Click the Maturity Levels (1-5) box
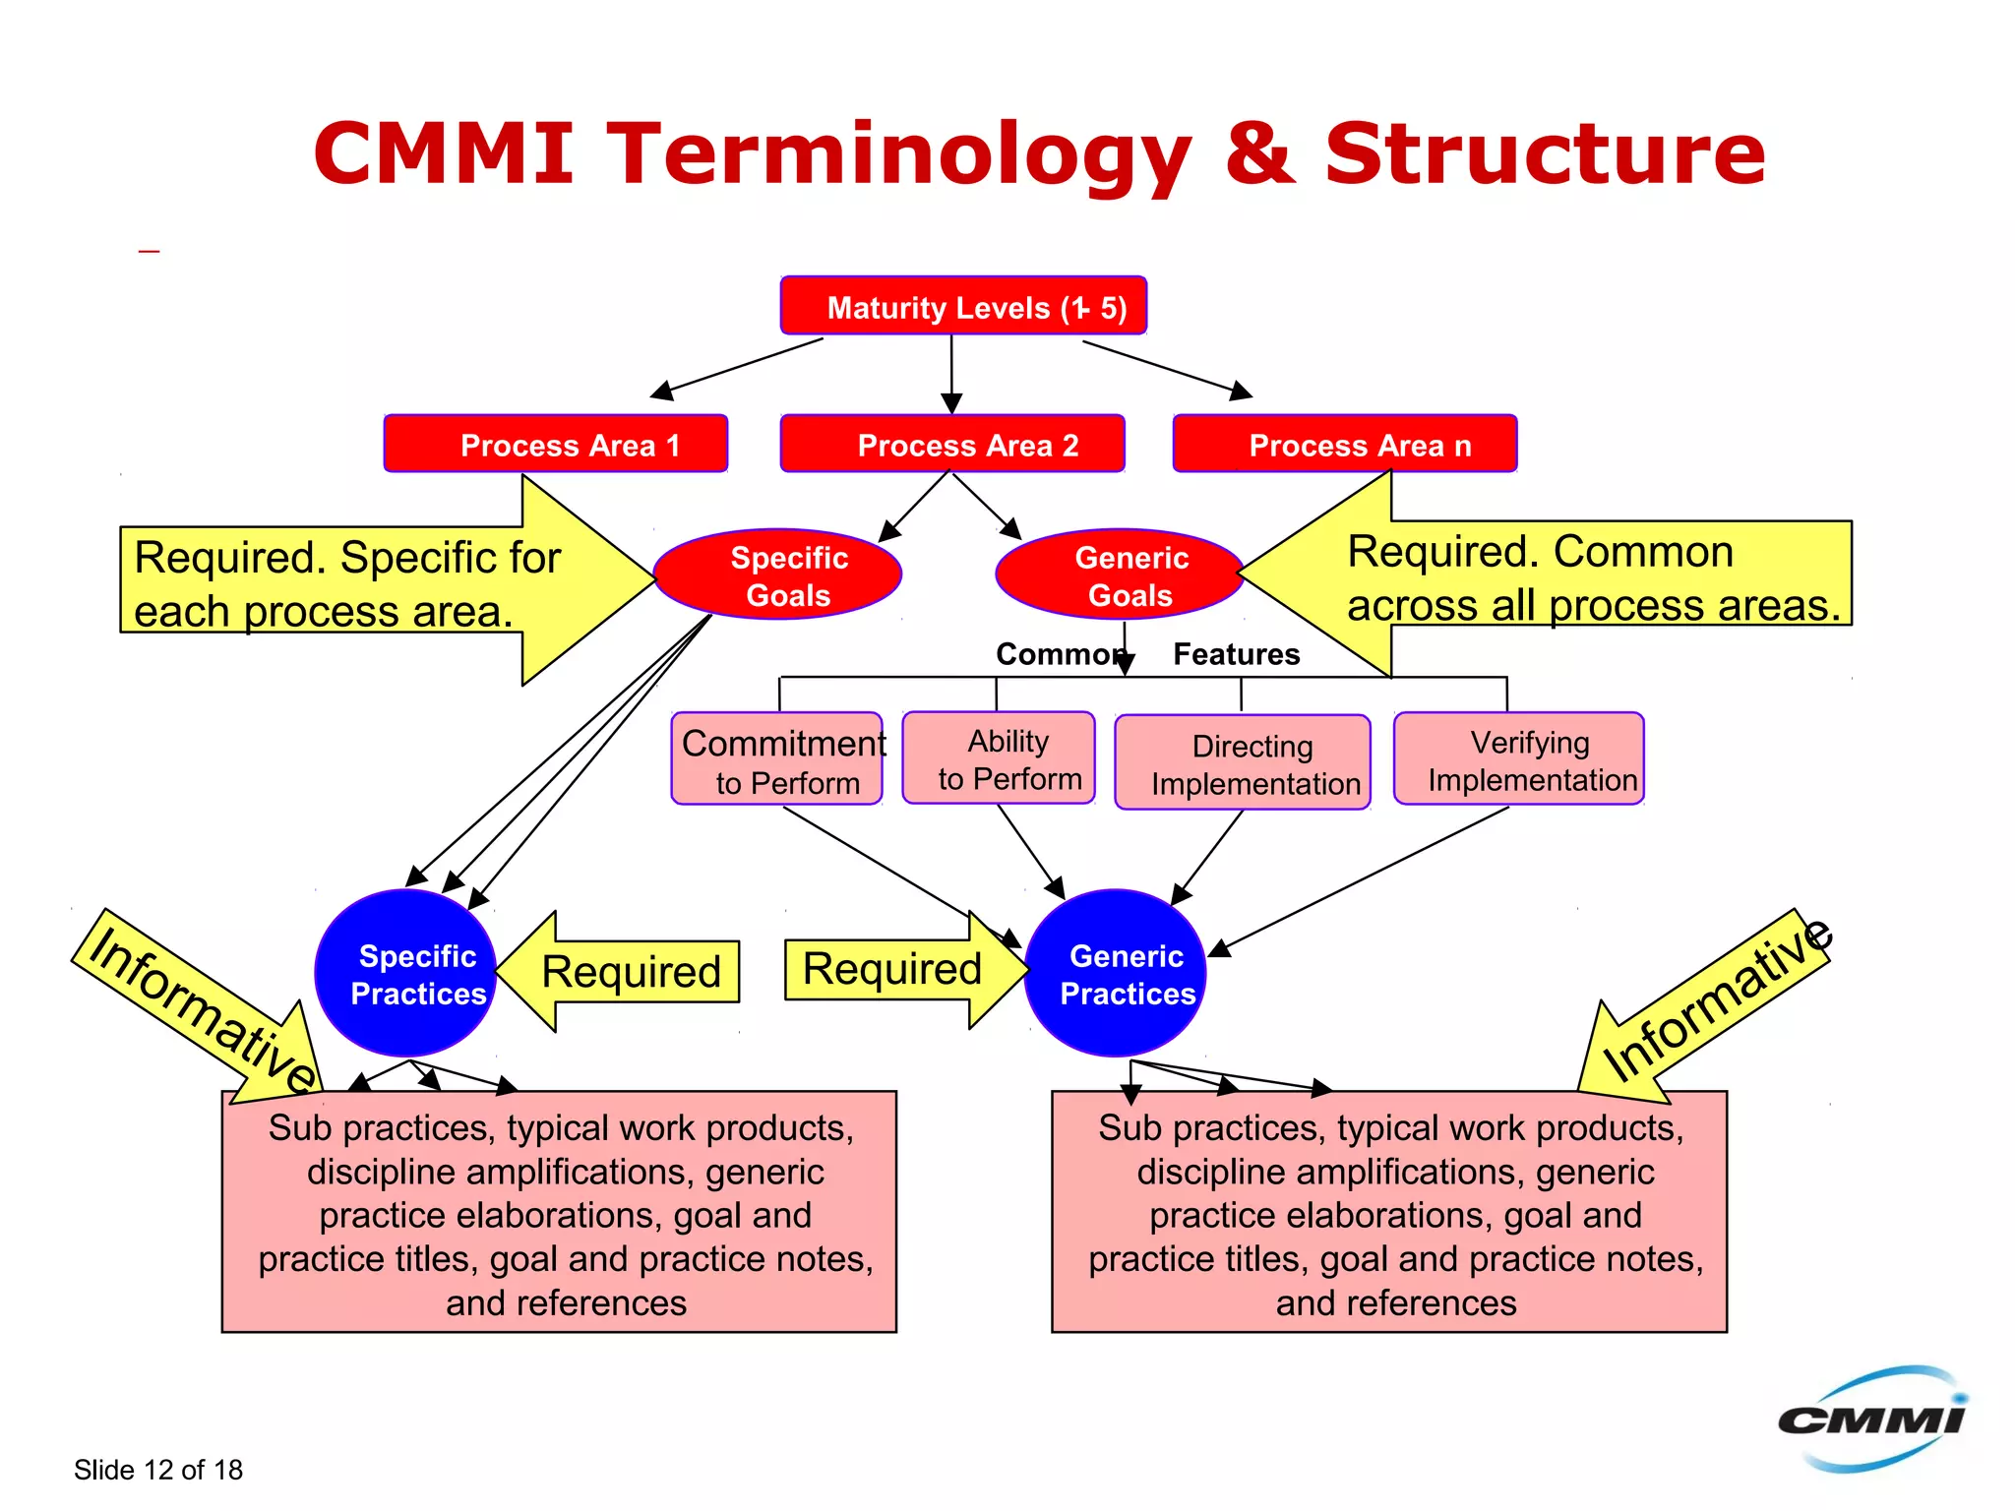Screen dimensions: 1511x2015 coord(963,306)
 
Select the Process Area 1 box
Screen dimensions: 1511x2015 coord(556,445)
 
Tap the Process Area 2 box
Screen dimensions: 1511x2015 coord(951,445)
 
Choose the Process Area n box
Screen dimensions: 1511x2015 coord(1344,445)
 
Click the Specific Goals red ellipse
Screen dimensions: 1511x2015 coord(778,575)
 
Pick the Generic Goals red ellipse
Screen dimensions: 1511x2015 coord(1120,575)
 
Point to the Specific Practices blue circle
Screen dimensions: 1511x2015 coord(405,974)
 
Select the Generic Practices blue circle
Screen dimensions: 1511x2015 coord(1115,974)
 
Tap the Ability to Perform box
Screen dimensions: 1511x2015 coord(999,758)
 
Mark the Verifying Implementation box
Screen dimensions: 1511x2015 coord(1519,759)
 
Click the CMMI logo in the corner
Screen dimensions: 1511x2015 coord(1871,1419)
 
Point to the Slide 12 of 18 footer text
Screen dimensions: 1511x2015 coord(158,1470)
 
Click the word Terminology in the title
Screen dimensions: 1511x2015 coord(899,154)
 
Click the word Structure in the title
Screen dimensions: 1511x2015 coord(1545,154)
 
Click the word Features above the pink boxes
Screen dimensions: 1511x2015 coord(1236,654)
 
